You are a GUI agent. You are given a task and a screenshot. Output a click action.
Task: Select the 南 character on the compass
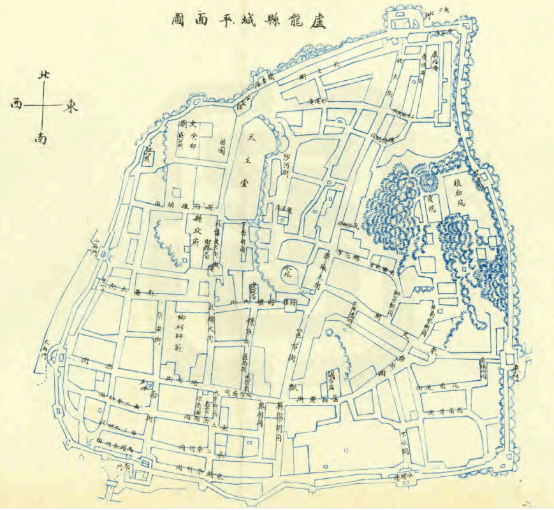pyautogui.click(x=42, y=137)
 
